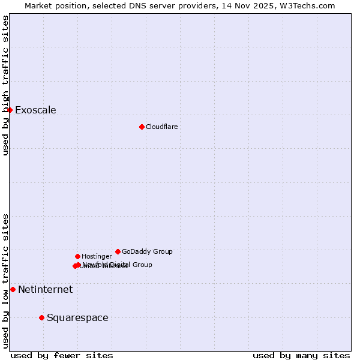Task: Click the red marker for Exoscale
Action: tap(10, 110)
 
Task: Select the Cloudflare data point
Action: tap(142, 127)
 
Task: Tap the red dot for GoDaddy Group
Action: tap(118, 251)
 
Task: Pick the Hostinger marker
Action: tap(77, 256)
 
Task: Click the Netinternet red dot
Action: tap(13, 289)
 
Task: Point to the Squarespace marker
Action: tap(41, 317)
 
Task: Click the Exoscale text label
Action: tap(35, 110)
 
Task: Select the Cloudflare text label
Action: tap(161, 127)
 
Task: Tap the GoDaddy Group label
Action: tap(147, 251)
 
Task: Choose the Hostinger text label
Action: tap(97, 256)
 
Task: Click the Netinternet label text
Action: tap(45, 289)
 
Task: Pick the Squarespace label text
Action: tap(77, 317)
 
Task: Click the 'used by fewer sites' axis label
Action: tap(62, 355)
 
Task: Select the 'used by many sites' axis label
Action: tap(301, 355)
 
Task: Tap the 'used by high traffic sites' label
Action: tap(5, 85)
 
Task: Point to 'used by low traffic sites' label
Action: tap(5, 281)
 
